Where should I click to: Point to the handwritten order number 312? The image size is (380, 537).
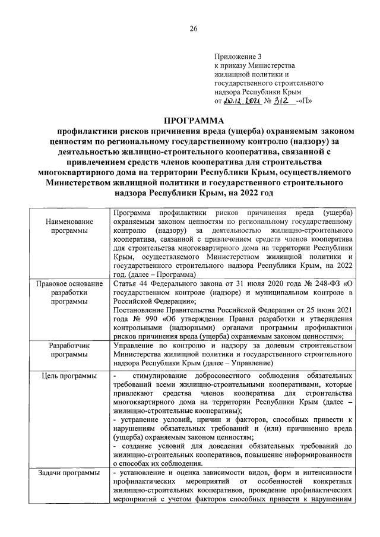click(x=277, y=101)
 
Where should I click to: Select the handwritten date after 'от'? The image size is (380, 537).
click(x=240, y=101)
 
